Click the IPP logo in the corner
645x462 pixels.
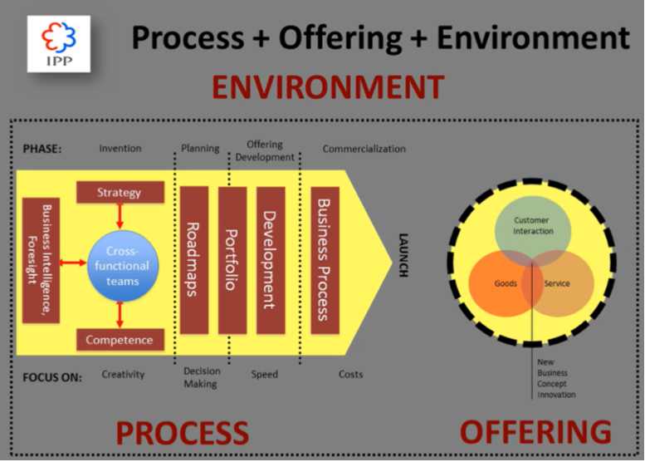pyautogui.click(x=58, y=43)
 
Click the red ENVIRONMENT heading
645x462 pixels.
pyautogui.click(x=327, y=87)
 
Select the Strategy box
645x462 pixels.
pyautogui.click(x=120, y=193)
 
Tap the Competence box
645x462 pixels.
pyautogui.click(x=120, y=339)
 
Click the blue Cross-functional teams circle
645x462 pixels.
pyautogui.click(x=121, y=266)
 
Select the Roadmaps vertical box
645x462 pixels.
pyautogui.click(x=193, y=260)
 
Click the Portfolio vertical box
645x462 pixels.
pyautogui.click(x=232, y=260)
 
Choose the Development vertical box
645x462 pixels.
pyautogui.click(x=271, y=260)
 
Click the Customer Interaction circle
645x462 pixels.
pyautogui.click(x=532, y=226)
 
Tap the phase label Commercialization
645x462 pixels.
pyautogui.click(x=364, y=149)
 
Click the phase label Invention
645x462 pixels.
pyautogui.click(x=120, y=149)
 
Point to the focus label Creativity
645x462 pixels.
pyautogui.click(x=123, y=375)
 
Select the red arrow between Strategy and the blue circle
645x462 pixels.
pyautogui.click(x=120, y=216)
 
